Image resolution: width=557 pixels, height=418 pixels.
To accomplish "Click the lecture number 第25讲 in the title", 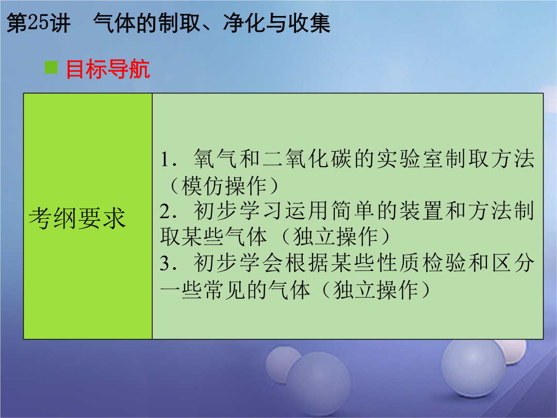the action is (x=38, y=23).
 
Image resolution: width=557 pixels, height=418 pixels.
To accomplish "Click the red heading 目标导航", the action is (x=108, y=69).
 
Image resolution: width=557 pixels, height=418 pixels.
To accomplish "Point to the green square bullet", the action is (x=51, y=67).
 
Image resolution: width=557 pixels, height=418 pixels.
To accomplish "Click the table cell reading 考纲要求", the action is (x=77, y=218).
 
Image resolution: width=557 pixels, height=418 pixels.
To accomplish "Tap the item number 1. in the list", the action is (x=168, y=159).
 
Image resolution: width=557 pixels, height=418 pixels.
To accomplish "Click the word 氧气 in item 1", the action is (x=215, y=158).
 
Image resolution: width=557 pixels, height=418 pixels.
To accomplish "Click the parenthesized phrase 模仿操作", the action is (x=224, y=186).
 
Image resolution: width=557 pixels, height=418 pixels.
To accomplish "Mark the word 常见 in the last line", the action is (x=224, y=290).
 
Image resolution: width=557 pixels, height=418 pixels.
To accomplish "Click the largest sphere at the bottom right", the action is (x=473, y=368).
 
